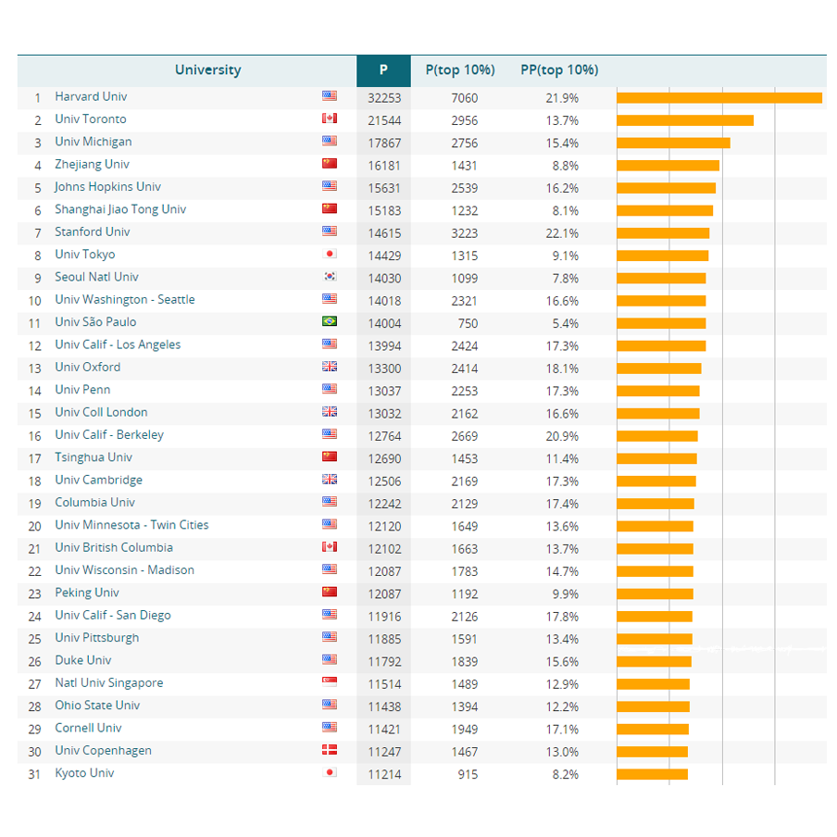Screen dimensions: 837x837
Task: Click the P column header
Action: tap(383, 70)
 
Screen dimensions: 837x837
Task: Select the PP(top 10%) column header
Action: tap(559, 70)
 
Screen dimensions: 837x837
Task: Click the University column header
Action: tap(207, 70)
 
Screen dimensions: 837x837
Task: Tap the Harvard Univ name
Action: tap(91, 96)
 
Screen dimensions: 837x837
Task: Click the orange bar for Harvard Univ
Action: tap(718, 98)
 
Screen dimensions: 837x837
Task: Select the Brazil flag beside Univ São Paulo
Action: tap(329, 322)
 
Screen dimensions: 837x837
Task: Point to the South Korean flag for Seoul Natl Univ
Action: tap(329, 277)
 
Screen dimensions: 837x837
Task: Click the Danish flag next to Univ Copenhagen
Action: tap(329, 751)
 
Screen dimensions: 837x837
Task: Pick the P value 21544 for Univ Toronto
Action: tap(384, 120)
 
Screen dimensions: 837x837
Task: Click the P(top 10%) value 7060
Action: tap(464, 98)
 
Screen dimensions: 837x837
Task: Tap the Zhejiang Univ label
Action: tap(92, 164)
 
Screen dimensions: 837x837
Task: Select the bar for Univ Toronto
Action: tap(684, 120)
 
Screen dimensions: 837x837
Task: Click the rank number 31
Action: tap(34, 774)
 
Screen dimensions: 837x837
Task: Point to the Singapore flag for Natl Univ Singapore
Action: tap(329, 682)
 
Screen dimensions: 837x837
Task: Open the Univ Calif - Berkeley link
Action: tap(109, 435)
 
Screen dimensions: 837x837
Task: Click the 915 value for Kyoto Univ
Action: tap(468, 774)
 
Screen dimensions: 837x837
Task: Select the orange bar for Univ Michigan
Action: tap(673, 143)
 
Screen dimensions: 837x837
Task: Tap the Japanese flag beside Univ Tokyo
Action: tap(329, 255)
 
